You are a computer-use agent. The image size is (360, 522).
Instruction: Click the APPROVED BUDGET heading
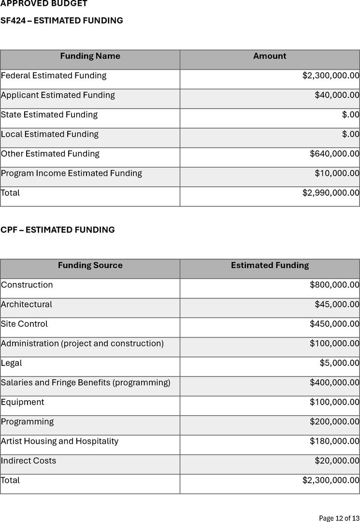click(x=44, y=4)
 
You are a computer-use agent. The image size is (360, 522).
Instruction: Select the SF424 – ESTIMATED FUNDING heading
click(x=62, y=21)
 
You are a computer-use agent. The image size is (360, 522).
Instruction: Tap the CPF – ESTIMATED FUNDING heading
click(x=58, y=230)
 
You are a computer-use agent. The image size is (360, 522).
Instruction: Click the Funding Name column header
click(x=90, y=56)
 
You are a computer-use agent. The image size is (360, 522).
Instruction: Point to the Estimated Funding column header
click(x=270, y=265)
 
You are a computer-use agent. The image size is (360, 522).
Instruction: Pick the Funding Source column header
click(x=90, y=265)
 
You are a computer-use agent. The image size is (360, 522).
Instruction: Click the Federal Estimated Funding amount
click(x=331, y=76)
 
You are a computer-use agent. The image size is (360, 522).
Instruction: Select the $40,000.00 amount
click(x=337, y=95)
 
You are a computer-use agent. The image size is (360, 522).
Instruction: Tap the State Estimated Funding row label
click(x=49, y=115)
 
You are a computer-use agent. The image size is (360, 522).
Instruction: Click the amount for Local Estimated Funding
click(x=350, y=134)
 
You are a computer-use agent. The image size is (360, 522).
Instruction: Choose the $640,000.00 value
click(x=334, y=154)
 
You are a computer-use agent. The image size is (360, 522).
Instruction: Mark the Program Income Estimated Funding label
click(x=72, y=173)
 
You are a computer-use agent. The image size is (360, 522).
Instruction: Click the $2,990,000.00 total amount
click(x=331, y=193)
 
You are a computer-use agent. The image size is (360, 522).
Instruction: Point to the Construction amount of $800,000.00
click(x=334, y=285)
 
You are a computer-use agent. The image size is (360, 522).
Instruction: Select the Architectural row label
click(x=27, y=304)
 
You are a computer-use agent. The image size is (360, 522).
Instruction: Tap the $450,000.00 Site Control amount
click(x=334, y=324)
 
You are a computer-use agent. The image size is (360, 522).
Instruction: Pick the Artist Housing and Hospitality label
click(x=59, y=441)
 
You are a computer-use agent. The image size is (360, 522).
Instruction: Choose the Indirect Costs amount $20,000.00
click(x=337, y=461)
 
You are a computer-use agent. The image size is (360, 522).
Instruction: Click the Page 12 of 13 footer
click(x=339, y=518)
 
